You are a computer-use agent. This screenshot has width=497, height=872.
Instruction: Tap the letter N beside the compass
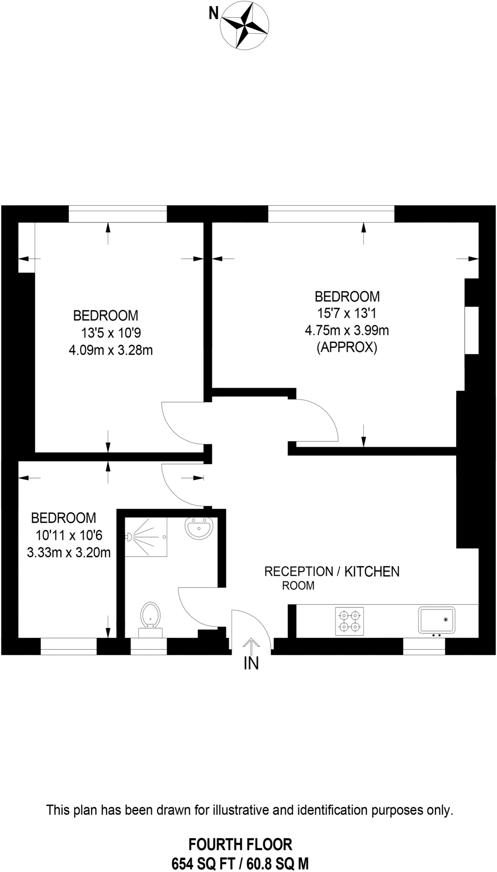[x=213, y=14]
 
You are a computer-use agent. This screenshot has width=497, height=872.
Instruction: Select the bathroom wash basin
[x=199, y=528]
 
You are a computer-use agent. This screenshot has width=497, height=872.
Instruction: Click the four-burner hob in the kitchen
[x=349, y=621]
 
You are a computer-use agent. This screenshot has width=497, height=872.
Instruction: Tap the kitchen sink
[x=437, y=620]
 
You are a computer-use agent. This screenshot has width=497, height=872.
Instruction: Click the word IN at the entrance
[x=251, y=663]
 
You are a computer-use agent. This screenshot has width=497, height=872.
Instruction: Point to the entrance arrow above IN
[x=251, y=645]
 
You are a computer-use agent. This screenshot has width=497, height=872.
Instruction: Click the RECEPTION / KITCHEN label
[x=332, y=571]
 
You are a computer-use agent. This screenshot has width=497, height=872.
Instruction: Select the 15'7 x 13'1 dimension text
[x=347, y=313]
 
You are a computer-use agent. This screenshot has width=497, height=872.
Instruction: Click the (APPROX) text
[x=347, y=348]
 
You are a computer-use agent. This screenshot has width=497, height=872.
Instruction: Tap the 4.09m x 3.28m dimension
[x=111, y=350]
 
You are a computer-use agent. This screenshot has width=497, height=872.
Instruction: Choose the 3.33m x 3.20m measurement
[x=69, y=553]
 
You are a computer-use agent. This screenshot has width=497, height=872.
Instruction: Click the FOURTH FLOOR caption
[x=240, y=844]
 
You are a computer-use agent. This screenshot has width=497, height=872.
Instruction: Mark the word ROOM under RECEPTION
[x=298, y=586]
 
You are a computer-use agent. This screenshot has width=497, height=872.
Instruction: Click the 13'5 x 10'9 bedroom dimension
[x=111, y=333]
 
